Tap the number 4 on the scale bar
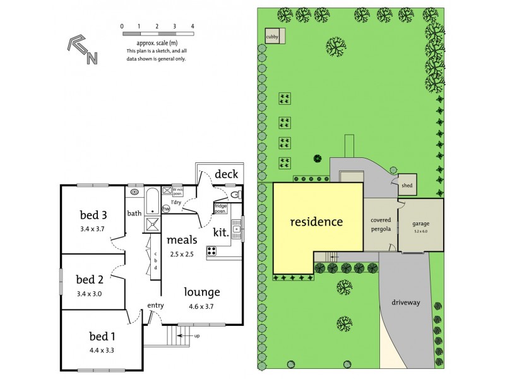point(193,26)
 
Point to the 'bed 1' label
point(88,336)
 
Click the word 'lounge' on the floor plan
point(202,292)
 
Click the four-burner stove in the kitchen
point(212,250)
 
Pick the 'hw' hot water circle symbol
point(167,208)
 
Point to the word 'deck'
point(225,174)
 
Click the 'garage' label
point(420,224)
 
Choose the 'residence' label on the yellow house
point(316,222)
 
